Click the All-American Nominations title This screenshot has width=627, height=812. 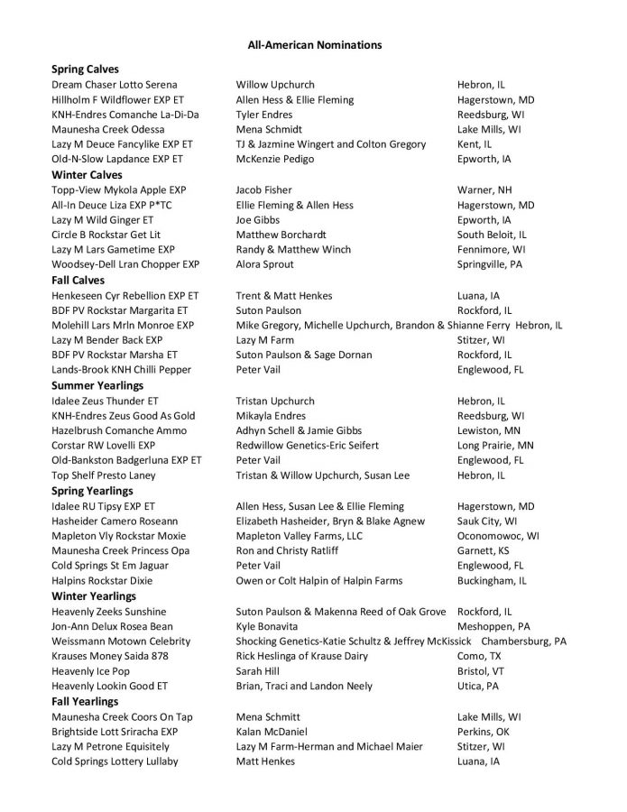[x=314, y=44]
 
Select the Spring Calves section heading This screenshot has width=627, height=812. [x=85, y=69]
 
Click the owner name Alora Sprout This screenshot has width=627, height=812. [x=264, y=265]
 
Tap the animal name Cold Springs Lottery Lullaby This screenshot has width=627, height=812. [x=115, y=761]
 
